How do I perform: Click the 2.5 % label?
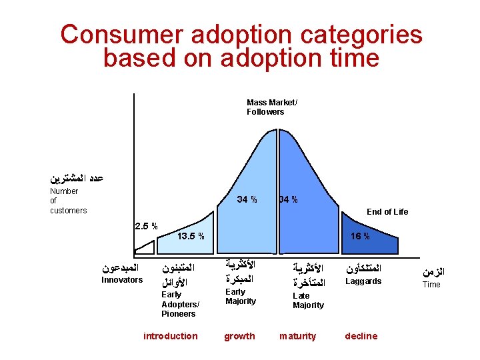coord(146,226)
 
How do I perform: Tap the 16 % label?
coord(361,237)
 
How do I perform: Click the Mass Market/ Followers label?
coord(265,107)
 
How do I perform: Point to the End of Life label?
coord(387,212)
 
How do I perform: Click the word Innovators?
coord(121,280)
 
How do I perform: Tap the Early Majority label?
coord(240,297)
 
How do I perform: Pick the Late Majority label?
coord(308,301)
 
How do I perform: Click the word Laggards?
coord(363,281)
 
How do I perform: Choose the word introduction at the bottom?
coord(171,336)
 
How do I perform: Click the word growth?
coord(239,336)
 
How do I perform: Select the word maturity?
coord(298,336)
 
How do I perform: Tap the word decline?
coord(361,336)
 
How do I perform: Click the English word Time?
coord(432,285)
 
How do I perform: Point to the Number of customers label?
coord(68,201)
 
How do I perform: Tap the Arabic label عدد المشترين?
coord(77,178)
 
